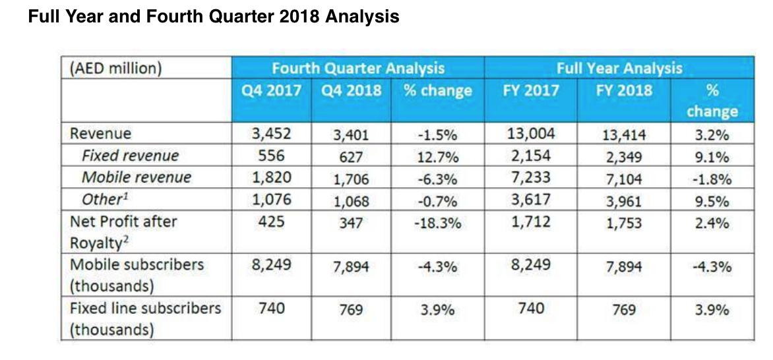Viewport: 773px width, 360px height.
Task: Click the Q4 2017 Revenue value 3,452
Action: coord(272,134)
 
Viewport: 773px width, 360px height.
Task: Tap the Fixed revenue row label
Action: coord(130,156)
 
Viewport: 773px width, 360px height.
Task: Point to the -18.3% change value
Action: coord(437,224)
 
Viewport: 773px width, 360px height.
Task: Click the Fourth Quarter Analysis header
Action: coord(358,68)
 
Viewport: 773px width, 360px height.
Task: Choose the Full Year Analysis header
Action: coord(619,68)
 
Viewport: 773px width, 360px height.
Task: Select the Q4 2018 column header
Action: coord(351,90)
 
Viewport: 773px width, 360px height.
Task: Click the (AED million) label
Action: coord(115,69)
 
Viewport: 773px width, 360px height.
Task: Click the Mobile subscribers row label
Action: coord(137,264)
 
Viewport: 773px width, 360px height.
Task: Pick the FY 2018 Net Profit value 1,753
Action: coord(624,224)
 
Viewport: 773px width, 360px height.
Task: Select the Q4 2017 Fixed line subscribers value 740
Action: coord(272,307)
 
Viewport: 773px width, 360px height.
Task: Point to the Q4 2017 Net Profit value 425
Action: coord(272,222)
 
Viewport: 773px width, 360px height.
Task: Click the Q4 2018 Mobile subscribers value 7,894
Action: coord(351,267)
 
